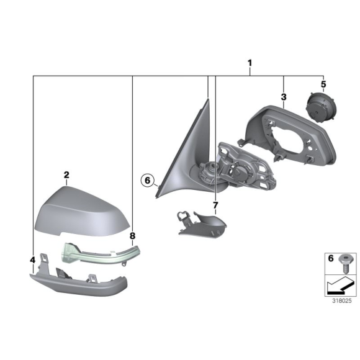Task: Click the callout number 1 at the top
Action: pos(250,63)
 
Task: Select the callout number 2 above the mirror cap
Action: pos(66,176)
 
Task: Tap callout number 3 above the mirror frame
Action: pos(283,97)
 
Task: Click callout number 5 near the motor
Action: pos(323,83)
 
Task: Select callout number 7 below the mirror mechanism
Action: pos(215,205)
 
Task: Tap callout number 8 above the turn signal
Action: pos(132,236)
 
